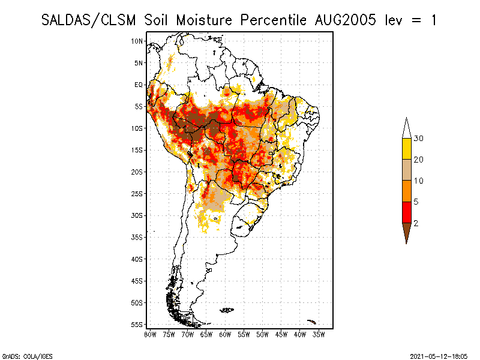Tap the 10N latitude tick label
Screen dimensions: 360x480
click(x=137, y=41)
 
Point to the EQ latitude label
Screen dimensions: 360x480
click(x=138, y=85)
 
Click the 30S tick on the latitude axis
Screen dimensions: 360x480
click(x=137, y=215)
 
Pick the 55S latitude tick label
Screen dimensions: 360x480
click(x=137, y=325)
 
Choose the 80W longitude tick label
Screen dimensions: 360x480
click(x=151, y=334)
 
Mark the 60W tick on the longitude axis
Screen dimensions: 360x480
click(x=226, y=334)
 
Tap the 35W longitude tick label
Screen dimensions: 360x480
click(x=319, y=334)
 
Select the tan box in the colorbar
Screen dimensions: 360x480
click(x=407, y=170)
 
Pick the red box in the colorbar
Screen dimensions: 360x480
click(x=407, y=212)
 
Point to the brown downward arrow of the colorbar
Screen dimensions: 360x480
click(x=407, y=232)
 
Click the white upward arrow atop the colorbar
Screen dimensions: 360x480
click(x=407, y=128)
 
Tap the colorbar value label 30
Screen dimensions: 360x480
click(x=419, y=139)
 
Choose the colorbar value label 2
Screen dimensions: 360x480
click(x=416, y=223)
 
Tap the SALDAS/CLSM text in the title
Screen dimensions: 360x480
click(x=91, y=20)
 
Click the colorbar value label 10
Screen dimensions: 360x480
click(x=419, y=181)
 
